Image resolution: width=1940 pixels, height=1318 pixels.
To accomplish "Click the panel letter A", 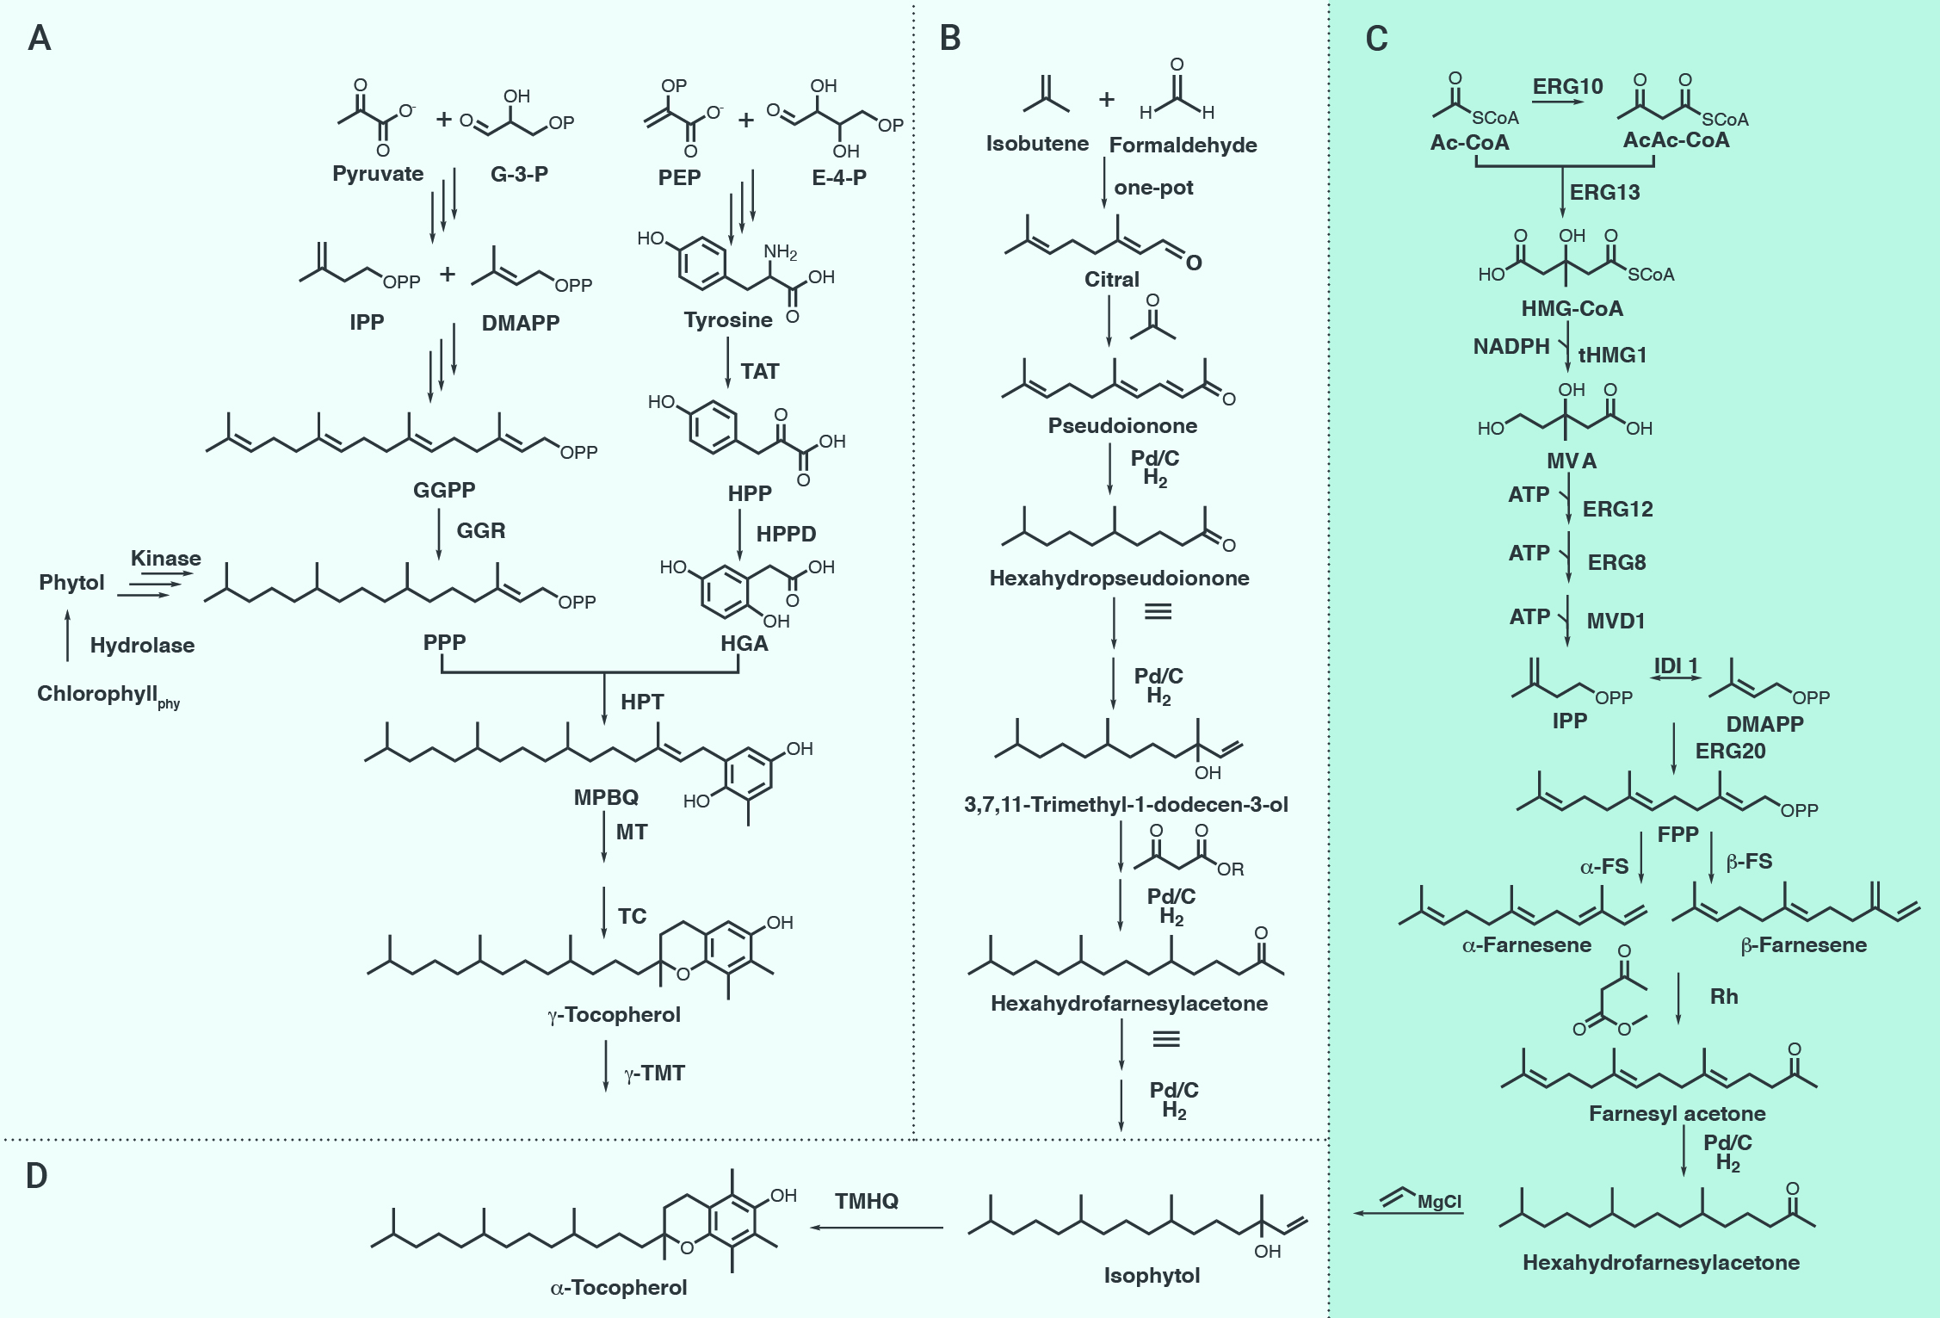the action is [x=40, y=38].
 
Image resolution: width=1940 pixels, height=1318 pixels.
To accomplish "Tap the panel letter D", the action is [x=36, y=1176].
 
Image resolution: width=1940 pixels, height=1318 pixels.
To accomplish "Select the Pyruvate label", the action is [x=378, y=174].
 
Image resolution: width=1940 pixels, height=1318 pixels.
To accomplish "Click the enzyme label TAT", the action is [x=760, y=371].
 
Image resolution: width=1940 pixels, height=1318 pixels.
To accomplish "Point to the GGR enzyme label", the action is [x=481, y=530].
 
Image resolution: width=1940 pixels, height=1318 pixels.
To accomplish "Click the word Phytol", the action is [x=71, y=583].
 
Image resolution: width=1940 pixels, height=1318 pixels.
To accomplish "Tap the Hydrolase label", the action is [x=142, y=646].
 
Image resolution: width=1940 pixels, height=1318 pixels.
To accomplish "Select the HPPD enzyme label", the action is [x=786, y=534].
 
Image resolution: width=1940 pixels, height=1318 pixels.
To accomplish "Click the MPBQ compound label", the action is [x=606, y=797].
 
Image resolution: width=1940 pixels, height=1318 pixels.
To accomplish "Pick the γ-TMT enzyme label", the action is [x=654, y=1074].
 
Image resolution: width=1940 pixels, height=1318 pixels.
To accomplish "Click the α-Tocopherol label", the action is [x=619, y=1288].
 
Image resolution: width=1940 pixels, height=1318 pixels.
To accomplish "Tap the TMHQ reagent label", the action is [x=867, y=1201].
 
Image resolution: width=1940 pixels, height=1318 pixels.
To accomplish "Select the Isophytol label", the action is [x=1152, y=1276].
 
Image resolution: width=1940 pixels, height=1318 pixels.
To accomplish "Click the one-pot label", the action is [x=1153, y=188].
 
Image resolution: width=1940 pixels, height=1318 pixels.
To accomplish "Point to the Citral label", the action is [x=1111, y=279].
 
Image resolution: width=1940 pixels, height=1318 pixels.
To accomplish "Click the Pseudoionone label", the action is [x=1122, y=425].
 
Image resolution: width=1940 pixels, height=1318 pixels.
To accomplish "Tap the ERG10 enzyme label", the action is [x=1567, y=86].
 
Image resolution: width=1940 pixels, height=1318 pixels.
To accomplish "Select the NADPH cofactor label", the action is [x=1511, y=346].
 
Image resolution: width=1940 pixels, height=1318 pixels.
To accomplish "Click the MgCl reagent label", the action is [x=1440, y=1202].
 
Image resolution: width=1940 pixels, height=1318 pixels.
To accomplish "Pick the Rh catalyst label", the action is [x=1724, y=996].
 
